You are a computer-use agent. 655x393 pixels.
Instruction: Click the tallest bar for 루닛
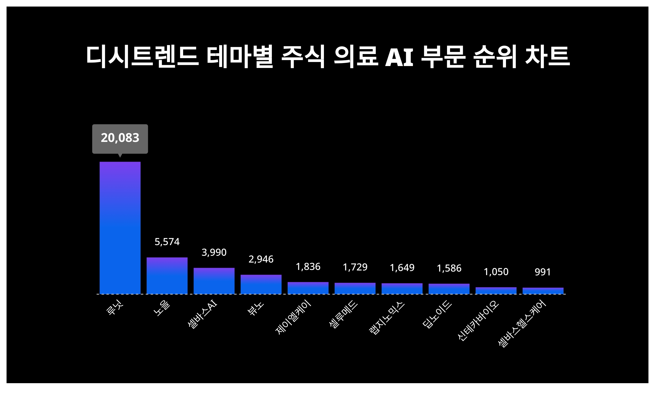[x=120, y=228]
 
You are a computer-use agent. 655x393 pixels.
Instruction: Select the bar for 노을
[x=167, y=276]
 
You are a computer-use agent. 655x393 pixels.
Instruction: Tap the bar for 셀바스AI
[x=214, y=281]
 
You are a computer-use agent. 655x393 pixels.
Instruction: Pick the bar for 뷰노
[x=261, y=284]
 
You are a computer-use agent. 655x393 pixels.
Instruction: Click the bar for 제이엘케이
[x=308, y=288]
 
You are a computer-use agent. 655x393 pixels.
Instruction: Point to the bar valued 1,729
[x=355, y=288]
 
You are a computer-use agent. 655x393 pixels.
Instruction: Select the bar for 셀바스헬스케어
[x=543, y=291]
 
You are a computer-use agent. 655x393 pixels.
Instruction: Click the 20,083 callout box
[x=120, y=139]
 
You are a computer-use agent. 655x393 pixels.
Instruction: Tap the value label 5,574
[x=167, y=242]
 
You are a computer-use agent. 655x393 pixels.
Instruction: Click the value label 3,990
[x=214, y=252]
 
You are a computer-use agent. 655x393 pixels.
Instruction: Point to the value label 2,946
[x=261, y=259]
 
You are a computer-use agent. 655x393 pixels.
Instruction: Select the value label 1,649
[x=402, y=268]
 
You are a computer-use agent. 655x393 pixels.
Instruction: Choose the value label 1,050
[x=496, y=272]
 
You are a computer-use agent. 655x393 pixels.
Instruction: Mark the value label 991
[x=543, y=272]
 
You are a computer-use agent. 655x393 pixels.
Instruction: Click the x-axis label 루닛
[x=115, y=309]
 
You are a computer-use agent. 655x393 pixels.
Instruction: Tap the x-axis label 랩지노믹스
[x=386, y=318]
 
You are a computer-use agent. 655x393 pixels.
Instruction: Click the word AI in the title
[x=399, y=57]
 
